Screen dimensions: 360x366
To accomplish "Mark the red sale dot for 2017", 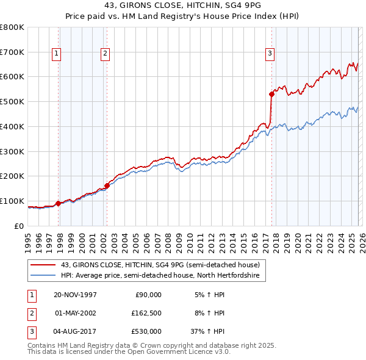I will [x=271, y=94].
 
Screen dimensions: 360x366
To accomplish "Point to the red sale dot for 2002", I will [x=107, y=185].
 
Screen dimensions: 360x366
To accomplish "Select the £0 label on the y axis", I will [x=18, y=226].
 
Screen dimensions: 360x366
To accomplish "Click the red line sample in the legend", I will [x=43, y=265].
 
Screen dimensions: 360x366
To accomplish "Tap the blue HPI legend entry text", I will [x=160, y=276].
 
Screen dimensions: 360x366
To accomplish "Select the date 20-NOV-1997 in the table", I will [x=75, y=294].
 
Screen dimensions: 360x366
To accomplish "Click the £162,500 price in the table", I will [x=146, y=313].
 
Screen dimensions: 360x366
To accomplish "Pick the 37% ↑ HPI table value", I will [x=208, y=331].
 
